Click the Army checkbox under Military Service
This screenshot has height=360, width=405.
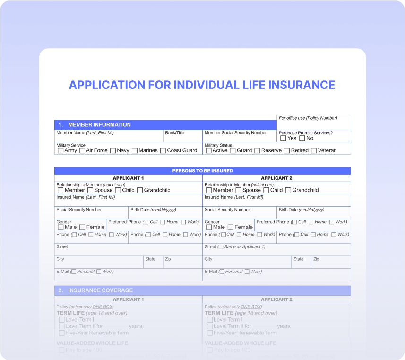60,150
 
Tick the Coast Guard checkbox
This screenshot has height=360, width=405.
163,150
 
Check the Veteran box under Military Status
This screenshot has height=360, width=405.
314,150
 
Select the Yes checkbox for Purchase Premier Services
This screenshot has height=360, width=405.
283,138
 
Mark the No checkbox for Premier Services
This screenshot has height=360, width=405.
302,138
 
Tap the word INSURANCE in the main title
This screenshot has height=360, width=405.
302,85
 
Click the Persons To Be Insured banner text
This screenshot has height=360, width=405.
202,171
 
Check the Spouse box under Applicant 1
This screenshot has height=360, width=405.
90,190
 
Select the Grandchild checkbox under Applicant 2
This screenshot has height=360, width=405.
288,190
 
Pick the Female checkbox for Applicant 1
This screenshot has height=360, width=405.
82,227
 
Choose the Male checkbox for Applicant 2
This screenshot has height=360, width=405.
209,227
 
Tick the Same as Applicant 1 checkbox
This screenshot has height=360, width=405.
221,247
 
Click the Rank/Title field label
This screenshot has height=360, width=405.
174,133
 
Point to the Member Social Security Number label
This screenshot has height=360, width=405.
235,133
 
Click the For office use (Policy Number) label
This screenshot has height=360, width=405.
308,118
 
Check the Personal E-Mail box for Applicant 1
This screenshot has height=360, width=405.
74,272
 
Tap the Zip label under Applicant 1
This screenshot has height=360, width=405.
168,259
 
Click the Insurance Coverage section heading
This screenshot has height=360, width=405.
100,290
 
